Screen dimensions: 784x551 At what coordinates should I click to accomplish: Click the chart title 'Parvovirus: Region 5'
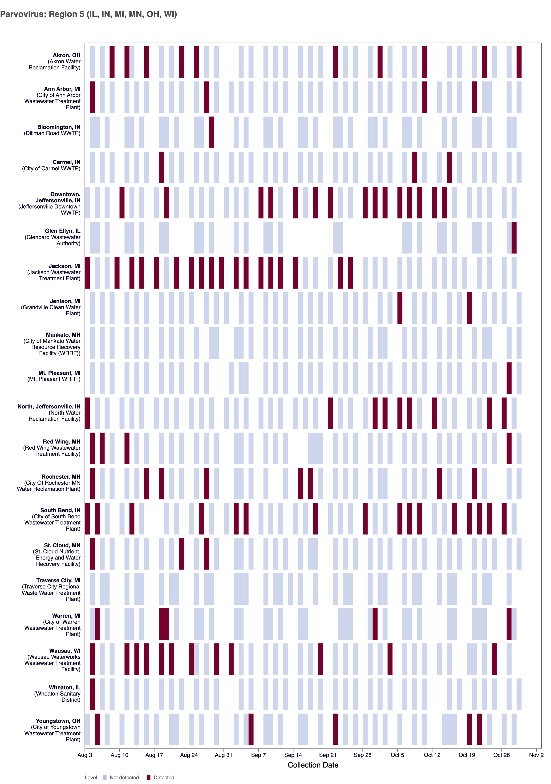89,14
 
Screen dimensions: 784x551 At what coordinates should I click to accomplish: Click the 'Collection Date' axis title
313,765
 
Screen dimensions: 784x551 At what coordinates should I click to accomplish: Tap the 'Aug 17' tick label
154,755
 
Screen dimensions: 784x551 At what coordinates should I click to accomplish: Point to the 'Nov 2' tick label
536,755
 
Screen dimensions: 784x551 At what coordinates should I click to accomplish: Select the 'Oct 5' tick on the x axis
397,755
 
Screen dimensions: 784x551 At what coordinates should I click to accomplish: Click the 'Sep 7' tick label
258,755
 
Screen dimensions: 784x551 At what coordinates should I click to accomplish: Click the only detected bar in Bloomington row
211,132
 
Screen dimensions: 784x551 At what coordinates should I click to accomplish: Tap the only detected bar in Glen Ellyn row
514,238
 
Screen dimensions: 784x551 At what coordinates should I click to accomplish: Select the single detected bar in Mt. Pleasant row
509,378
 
